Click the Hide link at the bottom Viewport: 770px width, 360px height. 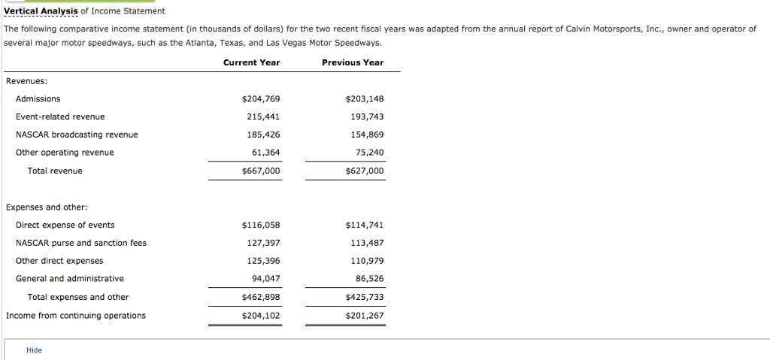click(34, 350)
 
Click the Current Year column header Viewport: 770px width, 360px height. click(251, 62)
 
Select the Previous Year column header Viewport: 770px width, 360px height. click(352, 62)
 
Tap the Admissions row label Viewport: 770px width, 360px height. click(38, 99)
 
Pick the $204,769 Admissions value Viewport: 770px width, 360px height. click(260, 99)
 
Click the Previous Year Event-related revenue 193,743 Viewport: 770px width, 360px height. click(367, 117)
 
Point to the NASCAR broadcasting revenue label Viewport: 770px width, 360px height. click(77, 135)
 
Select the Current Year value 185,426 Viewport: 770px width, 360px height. click(263, 135)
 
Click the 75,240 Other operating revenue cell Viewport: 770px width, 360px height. click(369, 153)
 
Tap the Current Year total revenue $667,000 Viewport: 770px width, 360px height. click(260, 171)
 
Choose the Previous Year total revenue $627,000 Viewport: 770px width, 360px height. click(364, 171)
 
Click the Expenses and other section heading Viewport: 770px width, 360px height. click(47, 207)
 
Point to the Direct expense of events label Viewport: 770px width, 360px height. click(65, 225)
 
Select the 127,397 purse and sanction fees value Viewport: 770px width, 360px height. click(263, 244)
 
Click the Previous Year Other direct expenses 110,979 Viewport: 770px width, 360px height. click(367, 261)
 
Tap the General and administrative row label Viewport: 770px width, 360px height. click(70, 279)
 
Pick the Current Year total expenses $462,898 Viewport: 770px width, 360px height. click(260, 298)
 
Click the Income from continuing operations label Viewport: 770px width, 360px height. click(76, 316)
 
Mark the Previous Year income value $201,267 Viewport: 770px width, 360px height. click(364, 316)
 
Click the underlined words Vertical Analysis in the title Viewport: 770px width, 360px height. click(41, 11)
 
